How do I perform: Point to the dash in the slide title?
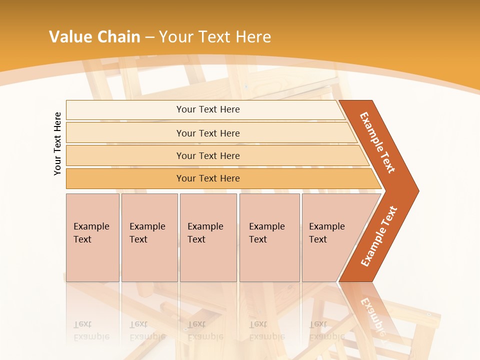click(x=149, y=37)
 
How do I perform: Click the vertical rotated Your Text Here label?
click(x=57, y=143)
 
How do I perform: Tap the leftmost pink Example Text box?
click(x=92, y=237)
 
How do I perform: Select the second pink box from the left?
click(x=149, y=237)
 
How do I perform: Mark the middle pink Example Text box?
click(x=208, y=237)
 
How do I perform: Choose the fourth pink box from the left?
click(x=269, y=237)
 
